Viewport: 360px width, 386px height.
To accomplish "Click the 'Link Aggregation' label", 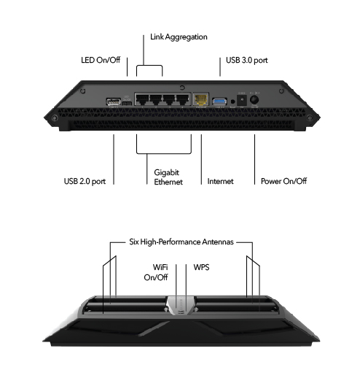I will [x=179, y=36].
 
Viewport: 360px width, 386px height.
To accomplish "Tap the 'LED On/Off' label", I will [x=101, y=60].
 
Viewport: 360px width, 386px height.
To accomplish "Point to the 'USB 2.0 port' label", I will [x=85, y=180].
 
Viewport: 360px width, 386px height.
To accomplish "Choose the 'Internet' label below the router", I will [x=221, y=180].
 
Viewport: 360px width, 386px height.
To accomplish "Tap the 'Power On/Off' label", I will [x=283, y=180].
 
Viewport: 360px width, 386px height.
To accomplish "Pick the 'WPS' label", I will [x=202, y=267].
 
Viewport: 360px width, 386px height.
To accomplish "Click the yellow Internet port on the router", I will [x=200, y=101].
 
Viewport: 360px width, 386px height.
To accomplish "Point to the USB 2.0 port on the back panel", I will [x=114, y=102].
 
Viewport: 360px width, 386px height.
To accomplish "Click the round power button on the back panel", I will [x=255, y=101].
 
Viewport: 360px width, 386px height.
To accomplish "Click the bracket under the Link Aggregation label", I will [x=149, y=67].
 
